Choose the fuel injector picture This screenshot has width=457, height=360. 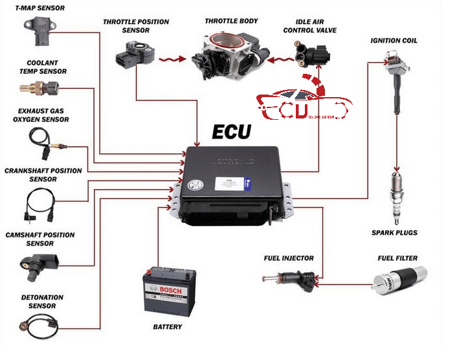[x=287, y=279]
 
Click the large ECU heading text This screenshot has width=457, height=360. [x=232, y=132]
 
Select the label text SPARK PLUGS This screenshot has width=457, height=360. [x=394, y=232]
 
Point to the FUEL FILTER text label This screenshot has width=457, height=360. [x=397, y=258]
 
